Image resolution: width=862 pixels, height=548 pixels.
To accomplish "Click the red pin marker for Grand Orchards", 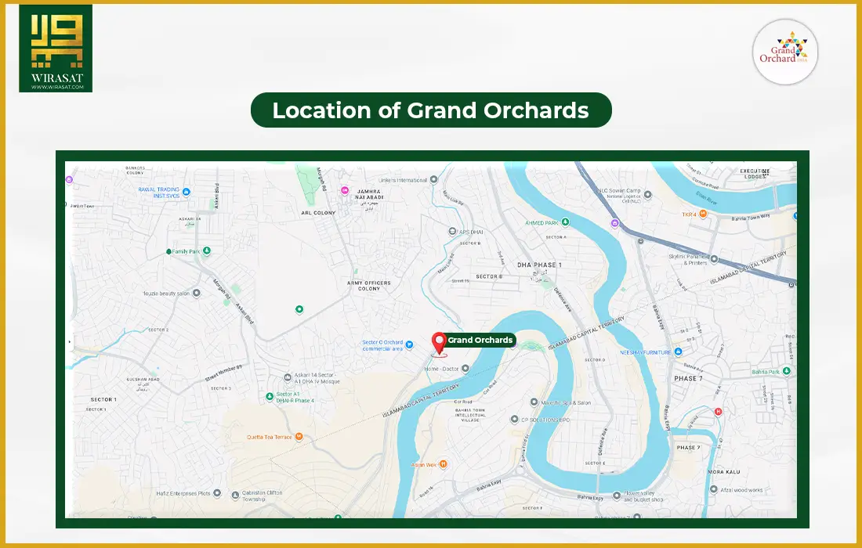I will pos(439,342).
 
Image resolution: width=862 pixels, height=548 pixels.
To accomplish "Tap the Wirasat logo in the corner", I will pos(56,49).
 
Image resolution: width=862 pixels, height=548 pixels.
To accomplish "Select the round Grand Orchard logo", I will pos(785,52).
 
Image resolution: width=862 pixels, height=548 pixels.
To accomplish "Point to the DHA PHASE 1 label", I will pos(539,265).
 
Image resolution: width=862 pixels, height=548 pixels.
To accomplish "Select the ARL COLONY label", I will pos(318,212).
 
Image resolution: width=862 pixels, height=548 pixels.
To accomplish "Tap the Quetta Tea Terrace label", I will pos(269,437).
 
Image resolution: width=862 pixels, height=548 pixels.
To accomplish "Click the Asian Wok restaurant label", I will pos(425,464).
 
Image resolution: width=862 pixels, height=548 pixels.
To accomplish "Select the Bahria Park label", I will pos(765,372).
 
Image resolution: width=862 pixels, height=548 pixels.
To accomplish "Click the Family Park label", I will pos(186,251).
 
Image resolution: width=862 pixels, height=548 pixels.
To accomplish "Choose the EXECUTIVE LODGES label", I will pos(755,174).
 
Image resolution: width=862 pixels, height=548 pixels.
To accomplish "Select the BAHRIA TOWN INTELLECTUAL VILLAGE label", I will pos(480,413).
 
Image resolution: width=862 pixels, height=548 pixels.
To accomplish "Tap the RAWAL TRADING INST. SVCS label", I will pos(158,193).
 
